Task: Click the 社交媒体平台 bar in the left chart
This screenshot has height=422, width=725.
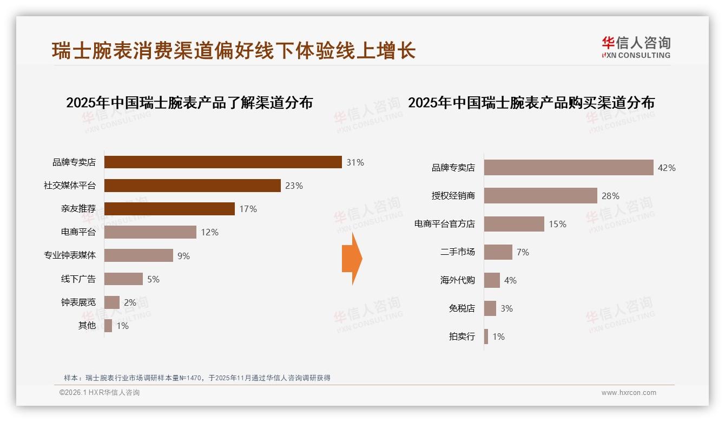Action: [192, 186]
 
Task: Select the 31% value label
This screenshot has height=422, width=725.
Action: [355, 162]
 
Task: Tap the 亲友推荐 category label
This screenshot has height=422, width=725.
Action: [78, 209]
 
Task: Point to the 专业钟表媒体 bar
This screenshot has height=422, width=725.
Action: [139, 255]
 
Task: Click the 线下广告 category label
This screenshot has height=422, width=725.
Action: [78, 279]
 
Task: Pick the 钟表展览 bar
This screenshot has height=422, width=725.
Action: [111, 302]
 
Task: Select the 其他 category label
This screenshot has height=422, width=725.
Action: [87, 326]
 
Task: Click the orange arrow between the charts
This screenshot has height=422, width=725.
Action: [352, 259]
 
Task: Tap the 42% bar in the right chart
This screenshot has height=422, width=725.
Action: [568, 168]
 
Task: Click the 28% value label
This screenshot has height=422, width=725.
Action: [610, 196]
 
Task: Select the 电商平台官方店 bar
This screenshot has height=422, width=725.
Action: [514, 224]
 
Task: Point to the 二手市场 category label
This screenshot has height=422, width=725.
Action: [457, 252]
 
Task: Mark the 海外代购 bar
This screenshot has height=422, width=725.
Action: [492, 280]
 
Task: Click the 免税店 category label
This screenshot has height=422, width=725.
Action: [462, 308]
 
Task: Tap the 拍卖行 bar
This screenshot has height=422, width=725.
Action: [486, 337]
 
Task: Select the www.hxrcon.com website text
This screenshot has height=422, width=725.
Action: [629, 393]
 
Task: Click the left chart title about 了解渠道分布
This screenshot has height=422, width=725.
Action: [189, 103]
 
